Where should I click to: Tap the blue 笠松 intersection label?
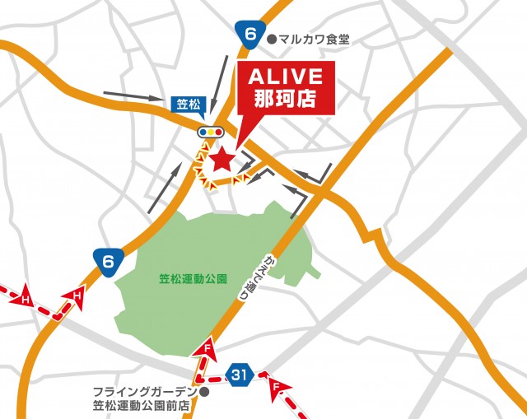pyautogui.click(x=188, y=105)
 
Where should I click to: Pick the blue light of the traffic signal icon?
pyautogui.click(x=203, y=131)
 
